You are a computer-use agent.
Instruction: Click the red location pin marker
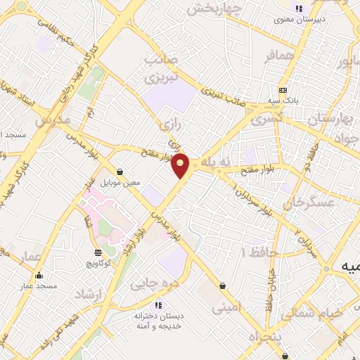[x=181, y=166]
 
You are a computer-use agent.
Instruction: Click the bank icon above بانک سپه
[x=283, y=91]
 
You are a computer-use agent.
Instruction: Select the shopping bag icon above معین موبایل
[x=120, y=172]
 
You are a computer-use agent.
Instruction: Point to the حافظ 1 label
[x=259, y=252]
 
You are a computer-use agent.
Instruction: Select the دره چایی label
[x=150, y=283]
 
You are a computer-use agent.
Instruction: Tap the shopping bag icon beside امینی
[x=223, y=286]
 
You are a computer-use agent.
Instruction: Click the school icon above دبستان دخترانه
[x=158, y=304]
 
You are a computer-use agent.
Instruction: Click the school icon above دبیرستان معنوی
[x=299, y=8]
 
